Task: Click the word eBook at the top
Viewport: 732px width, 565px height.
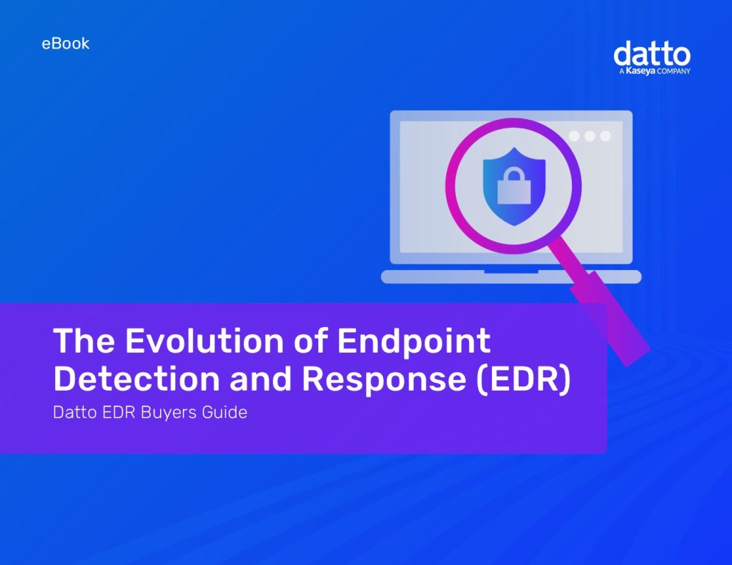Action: [x=66, y=44]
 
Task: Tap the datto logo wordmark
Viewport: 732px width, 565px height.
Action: [x=652, y=54]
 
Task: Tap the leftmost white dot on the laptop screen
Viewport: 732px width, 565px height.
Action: [x=574, y=136]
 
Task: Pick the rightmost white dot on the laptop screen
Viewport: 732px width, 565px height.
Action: [x=605, y=136]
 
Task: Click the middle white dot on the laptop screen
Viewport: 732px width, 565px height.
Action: [x=590, y=136]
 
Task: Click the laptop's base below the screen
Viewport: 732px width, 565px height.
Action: [x=510, y=277]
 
